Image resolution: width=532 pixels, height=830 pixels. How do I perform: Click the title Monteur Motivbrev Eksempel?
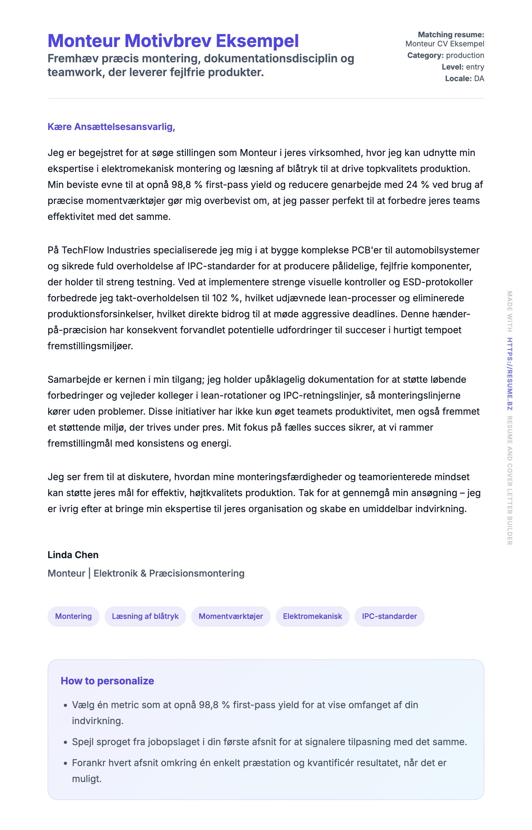[173, 41]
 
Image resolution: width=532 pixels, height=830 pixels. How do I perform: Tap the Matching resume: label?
[451, 34]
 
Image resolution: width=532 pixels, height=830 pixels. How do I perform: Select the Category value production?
[465, 55]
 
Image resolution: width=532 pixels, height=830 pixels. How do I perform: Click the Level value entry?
[475, 67]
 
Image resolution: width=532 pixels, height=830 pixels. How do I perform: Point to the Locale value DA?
[479, 79]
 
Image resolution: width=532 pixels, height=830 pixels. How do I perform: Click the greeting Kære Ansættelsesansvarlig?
[111, 127]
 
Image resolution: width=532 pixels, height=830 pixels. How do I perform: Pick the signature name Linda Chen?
[73, 555]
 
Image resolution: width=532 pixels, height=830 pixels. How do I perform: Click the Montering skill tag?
[73, 616]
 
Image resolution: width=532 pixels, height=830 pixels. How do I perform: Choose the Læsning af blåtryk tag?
[145, 616]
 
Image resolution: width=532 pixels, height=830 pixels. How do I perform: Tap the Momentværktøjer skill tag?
[231, 616]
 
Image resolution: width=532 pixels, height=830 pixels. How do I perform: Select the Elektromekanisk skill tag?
[312, 616]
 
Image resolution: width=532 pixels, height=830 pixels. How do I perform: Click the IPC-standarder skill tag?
[389, 616]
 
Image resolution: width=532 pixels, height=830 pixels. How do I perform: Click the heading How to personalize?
[107, 681]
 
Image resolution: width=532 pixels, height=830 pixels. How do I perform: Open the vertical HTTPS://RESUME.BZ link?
[509, 374]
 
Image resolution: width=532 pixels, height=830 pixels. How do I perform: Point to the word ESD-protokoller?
[438, 282]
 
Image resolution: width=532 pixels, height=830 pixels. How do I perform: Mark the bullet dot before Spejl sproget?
[65, 743]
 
